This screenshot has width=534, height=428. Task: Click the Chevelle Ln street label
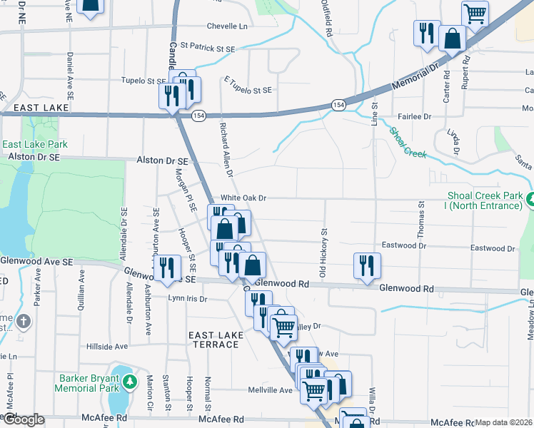227,26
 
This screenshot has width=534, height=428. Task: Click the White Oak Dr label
243,198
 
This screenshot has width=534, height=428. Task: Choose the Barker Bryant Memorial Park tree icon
130,382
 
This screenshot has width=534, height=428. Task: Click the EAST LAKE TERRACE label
213,340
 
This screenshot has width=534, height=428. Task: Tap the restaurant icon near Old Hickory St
364,265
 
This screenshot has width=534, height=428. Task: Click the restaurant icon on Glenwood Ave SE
167,267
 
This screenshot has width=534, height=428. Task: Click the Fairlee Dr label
415,116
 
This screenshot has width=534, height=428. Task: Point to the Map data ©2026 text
504,422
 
